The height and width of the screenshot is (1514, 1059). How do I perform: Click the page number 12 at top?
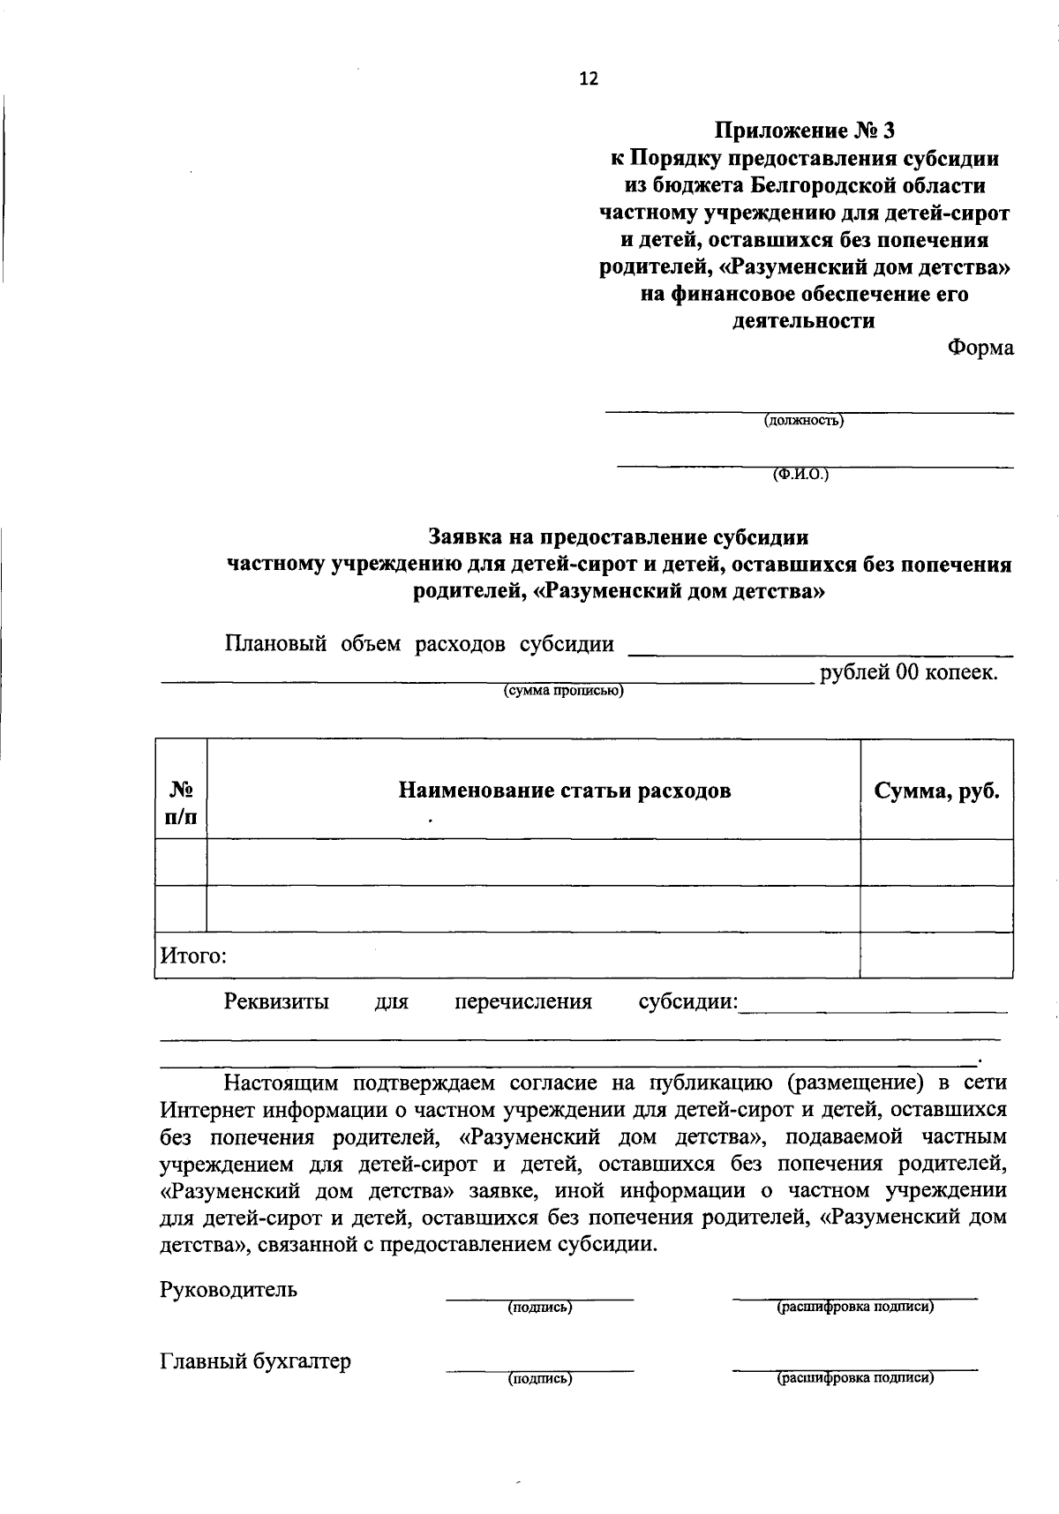coord(589,79)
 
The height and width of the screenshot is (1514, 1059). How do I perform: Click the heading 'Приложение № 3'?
coord(804,131)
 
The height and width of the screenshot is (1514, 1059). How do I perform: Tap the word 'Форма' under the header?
coord(980,348)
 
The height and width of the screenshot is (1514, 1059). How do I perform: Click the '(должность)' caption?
coord(804,421)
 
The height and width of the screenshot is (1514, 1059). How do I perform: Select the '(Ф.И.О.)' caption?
coord(801,475)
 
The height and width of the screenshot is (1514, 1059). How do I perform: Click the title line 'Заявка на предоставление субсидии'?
coord(618,536)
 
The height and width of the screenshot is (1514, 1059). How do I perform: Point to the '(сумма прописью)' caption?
coord(563,691)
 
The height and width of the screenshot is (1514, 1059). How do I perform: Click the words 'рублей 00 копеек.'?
coord(909,672)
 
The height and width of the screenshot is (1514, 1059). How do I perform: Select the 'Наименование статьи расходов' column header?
coord(565,790)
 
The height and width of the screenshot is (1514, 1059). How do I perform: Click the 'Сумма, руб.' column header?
coord(936,791)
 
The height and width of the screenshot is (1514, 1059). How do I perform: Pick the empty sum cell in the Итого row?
coord(936,956)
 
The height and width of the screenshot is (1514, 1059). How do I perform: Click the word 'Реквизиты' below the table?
coord(276,1002)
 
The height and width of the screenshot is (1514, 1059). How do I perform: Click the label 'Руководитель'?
coord(229,1290)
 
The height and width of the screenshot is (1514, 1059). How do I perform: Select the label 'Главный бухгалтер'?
coord(255,1361)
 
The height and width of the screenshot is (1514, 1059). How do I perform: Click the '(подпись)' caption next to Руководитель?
coord(539,1308)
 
